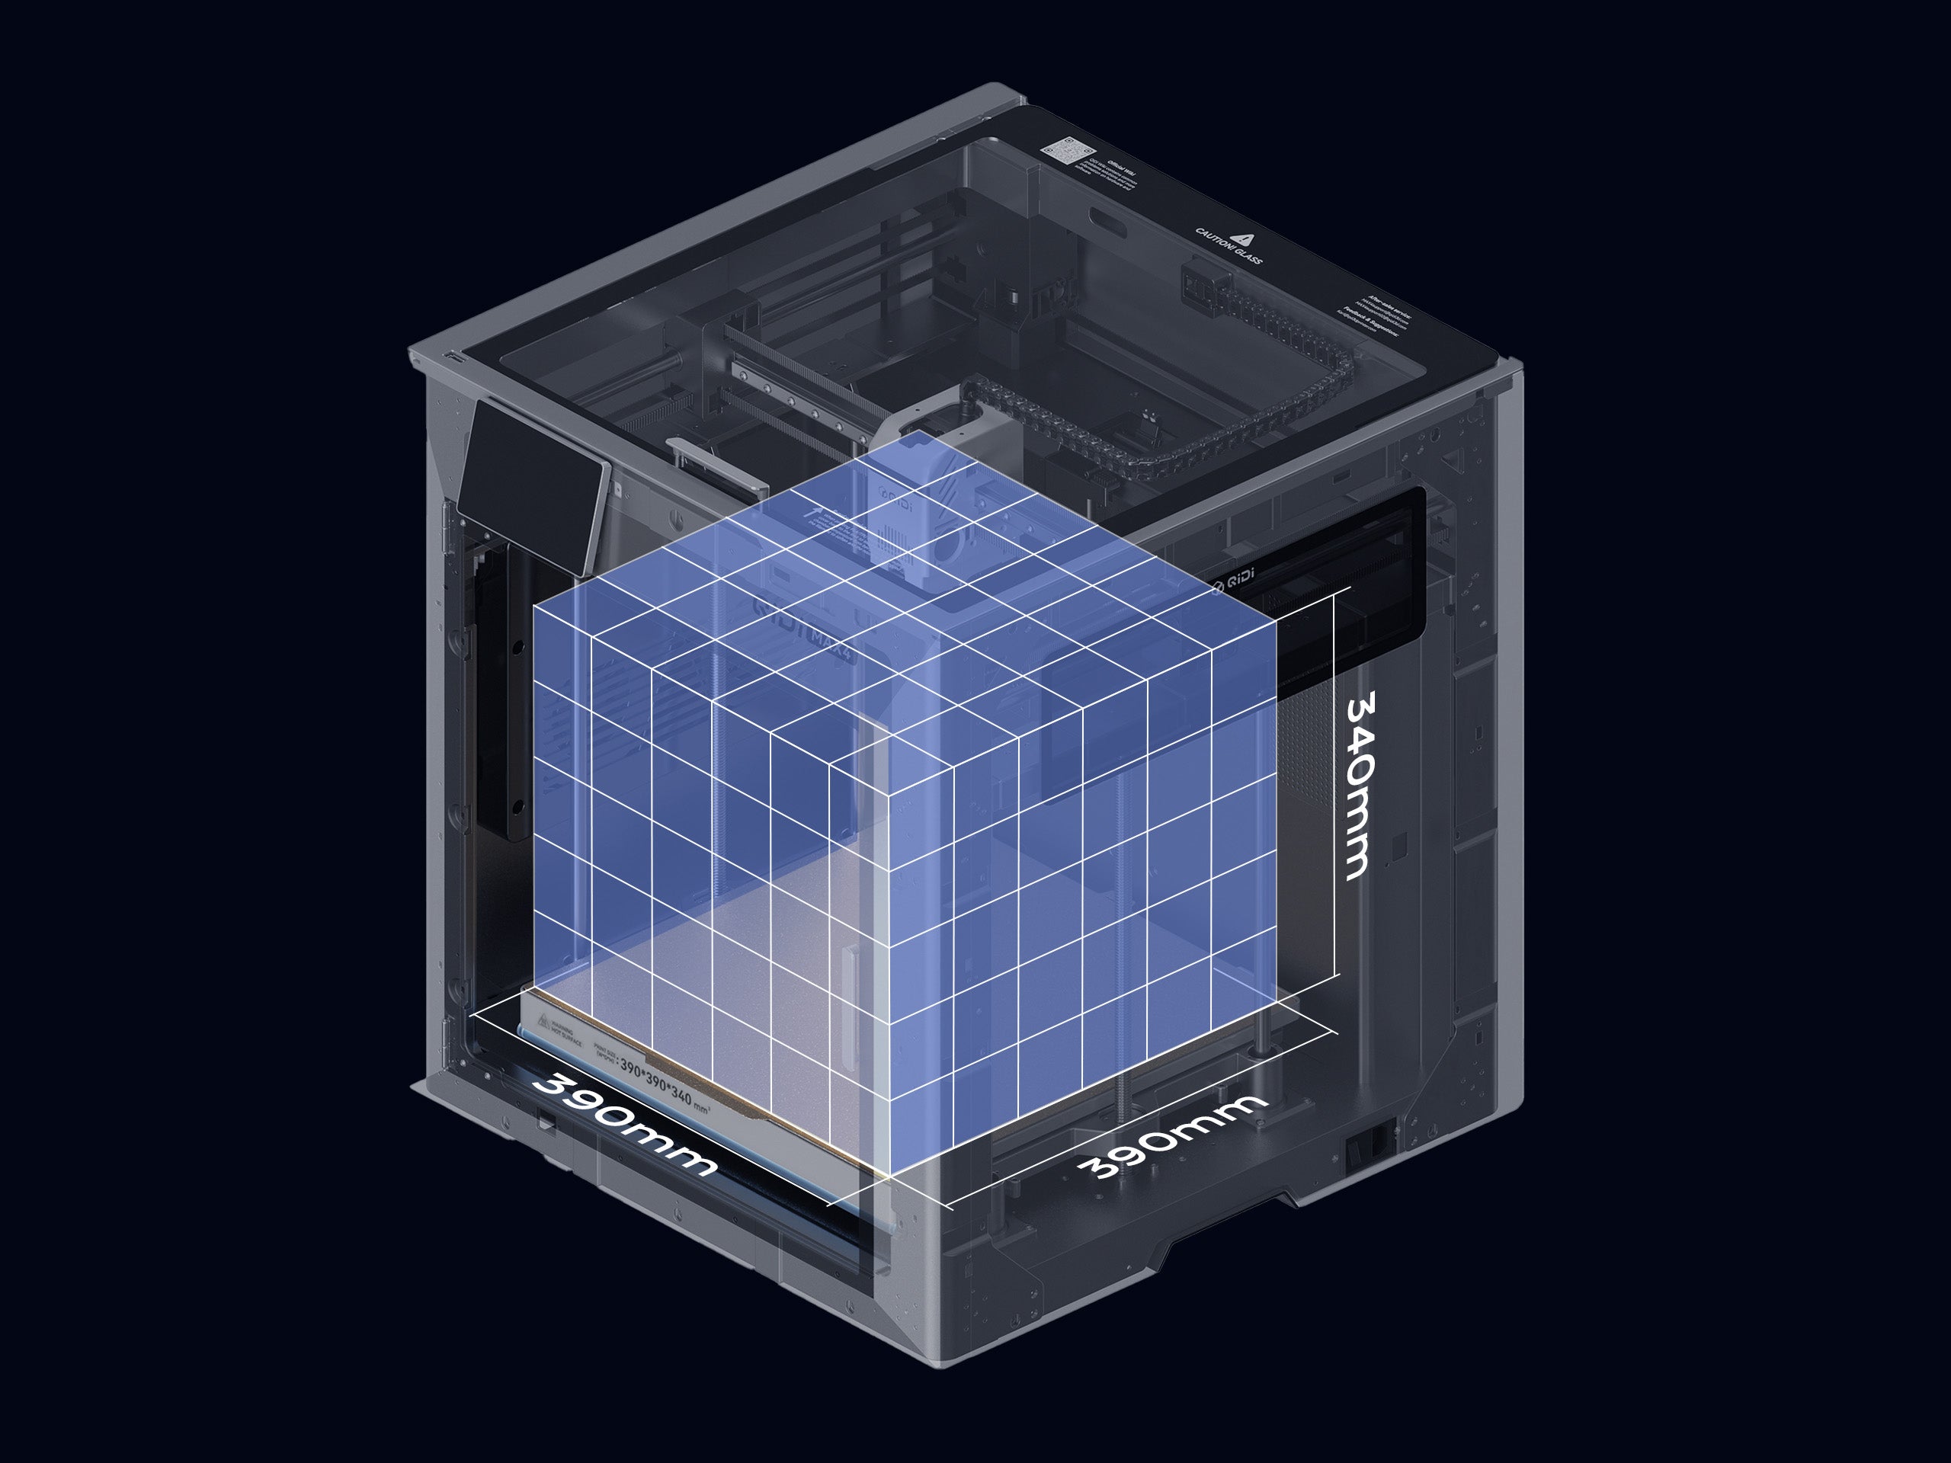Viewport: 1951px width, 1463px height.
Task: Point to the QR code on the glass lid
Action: pos(1064,152)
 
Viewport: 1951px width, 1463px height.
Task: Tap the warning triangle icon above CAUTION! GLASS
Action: pos(1245,237)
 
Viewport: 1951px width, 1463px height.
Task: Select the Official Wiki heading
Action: pos(1120,168)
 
